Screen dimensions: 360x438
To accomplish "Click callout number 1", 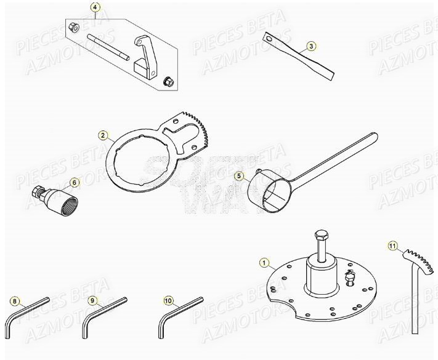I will click(x=265, y=264).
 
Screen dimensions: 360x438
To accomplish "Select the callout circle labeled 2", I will click(x=103, y=134).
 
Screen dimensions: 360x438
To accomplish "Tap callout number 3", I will click(x=312, y=46).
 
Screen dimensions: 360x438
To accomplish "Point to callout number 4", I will click(x=95, y=7).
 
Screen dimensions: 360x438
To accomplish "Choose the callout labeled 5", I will click(x=240, y=176).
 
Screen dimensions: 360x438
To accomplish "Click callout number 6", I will click(x=74, y=182).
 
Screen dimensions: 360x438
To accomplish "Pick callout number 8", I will click(x=15, y=301).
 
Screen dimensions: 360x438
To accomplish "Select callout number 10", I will click(x=169, y=301).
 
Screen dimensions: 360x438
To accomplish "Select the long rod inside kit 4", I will click(x=111, y=50).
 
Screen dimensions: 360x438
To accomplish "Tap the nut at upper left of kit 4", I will click(x=73, y=26).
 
